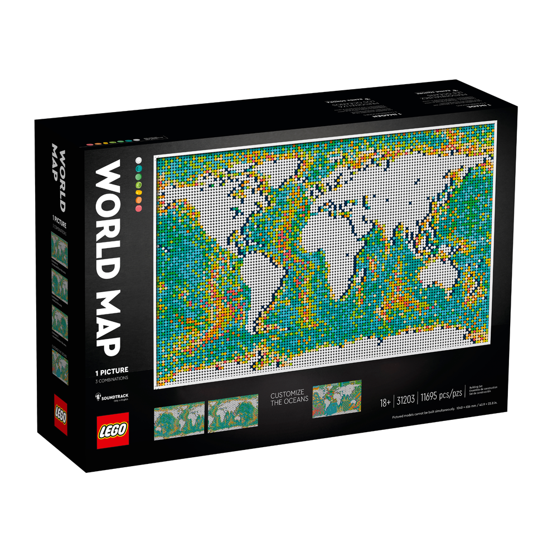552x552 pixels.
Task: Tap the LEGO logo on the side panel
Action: click(60, 414)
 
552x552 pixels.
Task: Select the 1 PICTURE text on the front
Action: click(111, 370)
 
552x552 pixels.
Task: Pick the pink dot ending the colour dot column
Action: click(138, 208)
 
